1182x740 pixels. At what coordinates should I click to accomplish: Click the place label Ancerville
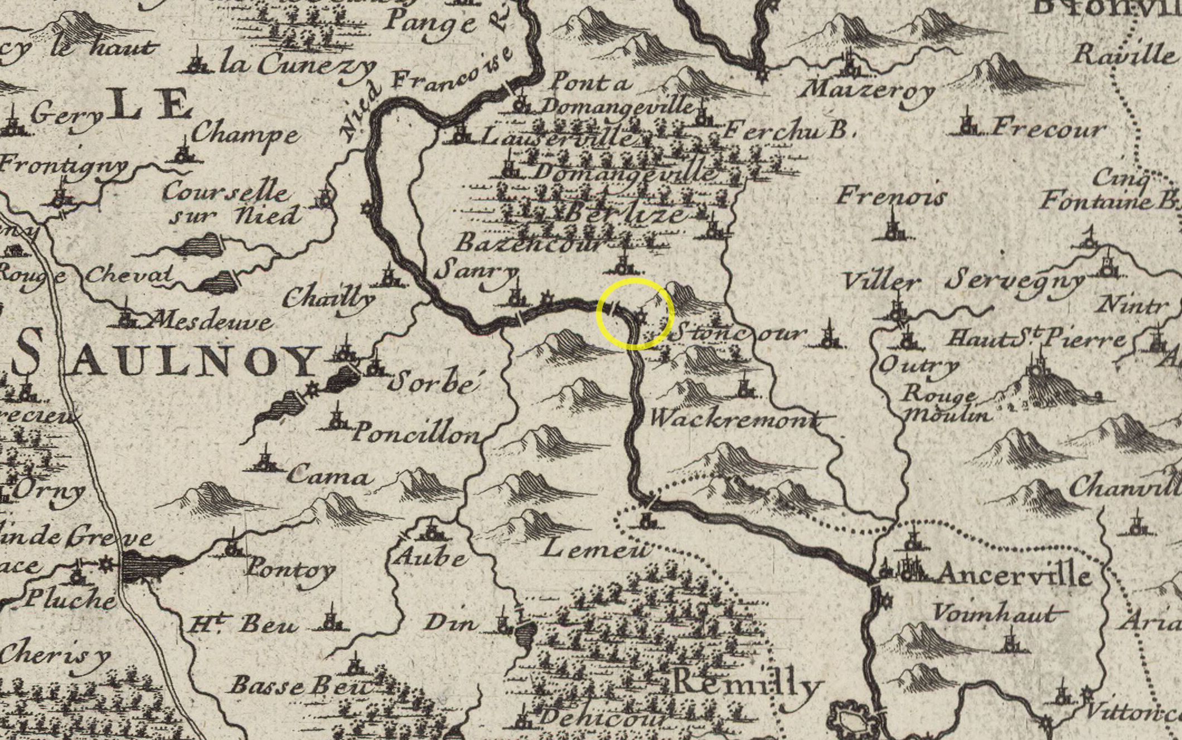point(1014,574)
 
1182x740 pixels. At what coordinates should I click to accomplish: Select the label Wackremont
point(735,418)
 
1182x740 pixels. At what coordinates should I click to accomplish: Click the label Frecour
point(1048,129)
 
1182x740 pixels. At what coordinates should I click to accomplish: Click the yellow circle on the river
point(635,314)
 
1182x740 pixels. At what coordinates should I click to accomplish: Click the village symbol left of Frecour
point(969,125)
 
